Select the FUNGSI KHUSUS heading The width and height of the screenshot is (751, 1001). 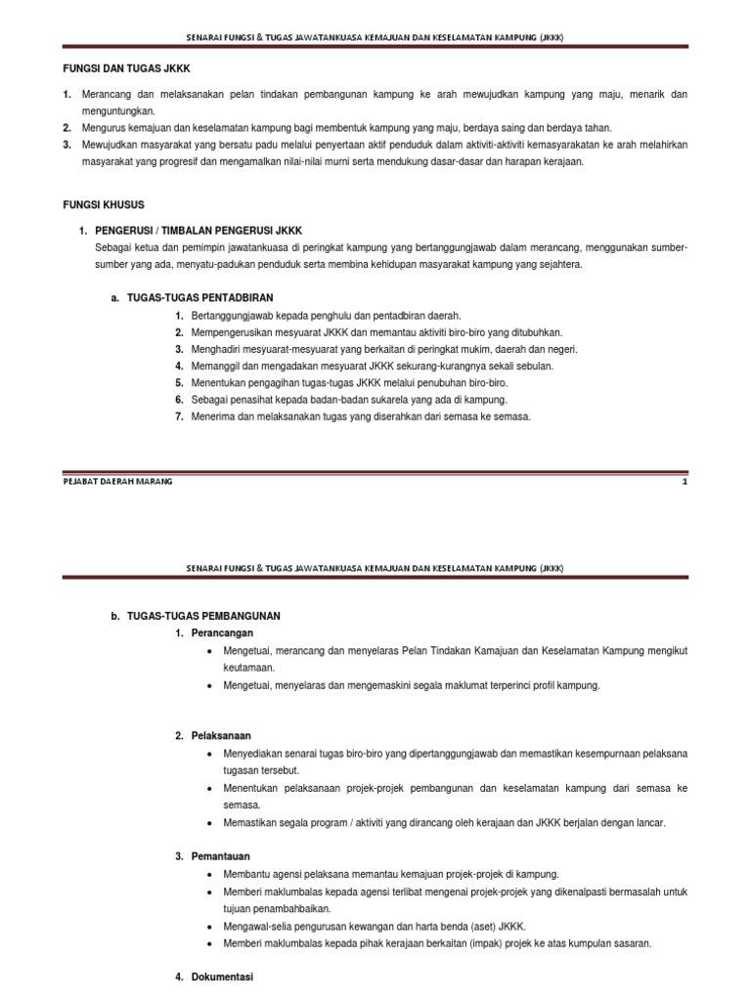[x=103, y=204]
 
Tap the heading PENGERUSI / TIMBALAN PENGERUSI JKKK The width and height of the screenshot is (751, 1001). [x=199, y=231]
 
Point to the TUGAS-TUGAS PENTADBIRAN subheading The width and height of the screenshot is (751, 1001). [x=200, y=297]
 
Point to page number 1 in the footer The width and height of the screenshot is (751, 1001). [x=685, y=482]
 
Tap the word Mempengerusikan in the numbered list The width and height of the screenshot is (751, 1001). [x=232, y=332]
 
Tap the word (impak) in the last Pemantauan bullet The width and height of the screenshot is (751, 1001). [x=539, y=943]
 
